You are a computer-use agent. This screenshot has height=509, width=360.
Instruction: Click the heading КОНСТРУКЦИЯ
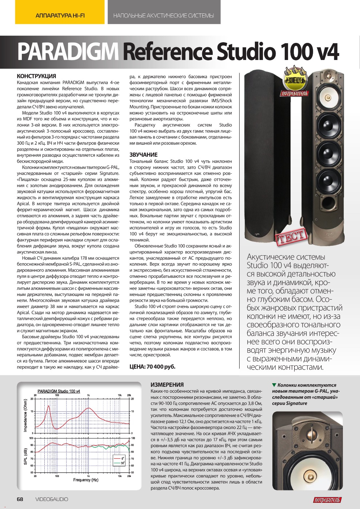coord(36,76)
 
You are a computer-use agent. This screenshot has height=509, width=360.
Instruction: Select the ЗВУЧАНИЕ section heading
coord(143,155)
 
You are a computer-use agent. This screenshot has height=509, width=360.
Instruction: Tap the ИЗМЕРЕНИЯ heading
coord(167,385)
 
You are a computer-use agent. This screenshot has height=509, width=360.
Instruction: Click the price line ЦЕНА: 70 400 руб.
coord(152,366)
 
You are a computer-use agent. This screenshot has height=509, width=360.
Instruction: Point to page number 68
coord(20,499)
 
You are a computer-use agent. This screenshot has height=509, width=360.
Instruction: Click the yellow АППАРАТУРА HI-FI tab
coord(60,16)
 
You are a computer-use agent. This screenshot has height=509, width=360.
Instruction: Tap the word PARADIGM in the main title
coord(68,52)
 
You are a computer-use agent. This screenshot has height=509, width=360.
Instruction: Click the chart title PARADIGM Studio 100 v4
coord(59,391)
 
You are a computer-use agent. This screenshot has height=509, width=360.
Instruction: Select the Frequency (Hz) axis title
coord(86,480)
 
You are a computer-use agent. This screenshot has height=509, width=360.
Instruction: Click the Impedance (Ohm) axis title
coord(25,415)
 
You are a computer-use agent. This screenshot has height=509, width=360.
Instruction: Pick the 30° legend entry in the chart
coord(120,463)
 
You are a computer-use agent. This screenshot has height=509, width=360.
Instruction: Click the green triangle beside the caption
coord(274,385)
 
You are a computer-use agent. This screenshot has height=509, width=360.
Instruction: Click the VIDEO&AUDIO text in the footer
coord(52,499)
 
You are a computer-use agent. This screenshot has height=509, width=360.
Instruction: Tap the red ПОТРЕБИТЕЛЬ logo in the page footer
coord(327,500)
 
